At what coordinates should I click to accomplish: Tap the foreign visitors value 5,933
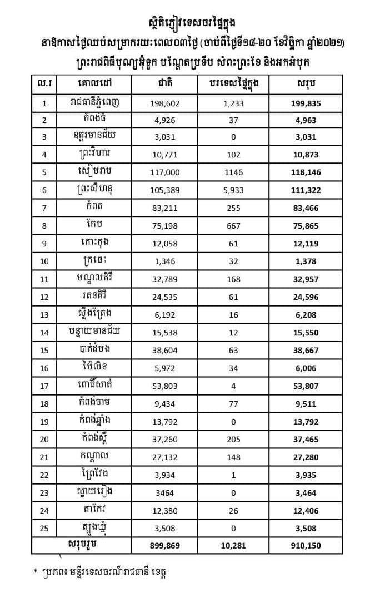click(x=234, y=191)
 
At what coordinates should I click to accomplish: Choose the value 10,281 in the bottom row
click(x=234, y=546)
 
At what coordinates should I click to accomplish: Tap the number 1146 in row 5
click(x=234, y=173)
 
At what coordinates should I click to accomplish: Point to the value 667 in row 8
click(x=234, y=226)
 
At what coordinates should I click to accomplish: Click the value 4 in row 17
click(x=234, y=386)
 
